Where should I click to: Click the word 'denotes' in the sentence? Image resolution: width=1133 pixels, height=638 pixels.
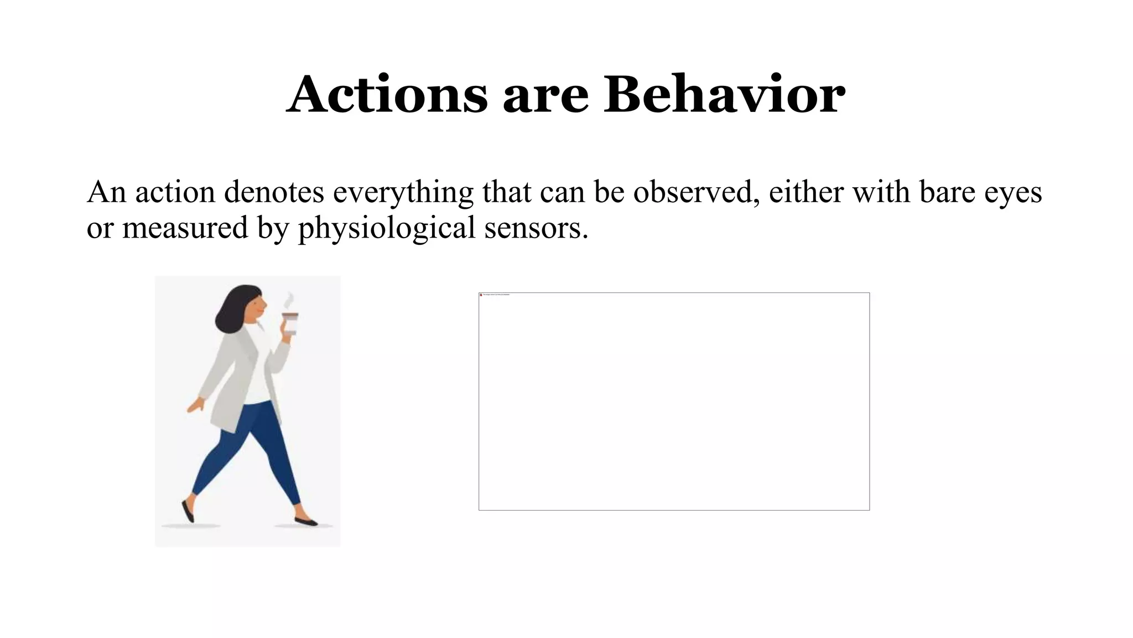[x=274, y=192]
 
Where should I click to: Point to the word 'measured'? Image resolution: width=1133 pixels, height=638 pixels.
[x=185, y=228]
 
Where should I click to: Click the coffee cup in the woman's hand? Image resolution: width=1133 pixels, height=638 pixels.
[x=290, y=323]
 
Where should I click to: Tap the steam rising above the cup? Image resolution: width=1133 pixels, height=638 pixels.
[x=288, y=300]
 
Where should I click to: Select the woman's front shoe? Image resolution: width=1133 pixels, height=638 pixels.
[x=306, y=521]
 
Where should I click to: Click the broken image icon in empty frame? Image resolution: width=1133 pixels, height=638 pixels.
[x=481, y=295]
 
